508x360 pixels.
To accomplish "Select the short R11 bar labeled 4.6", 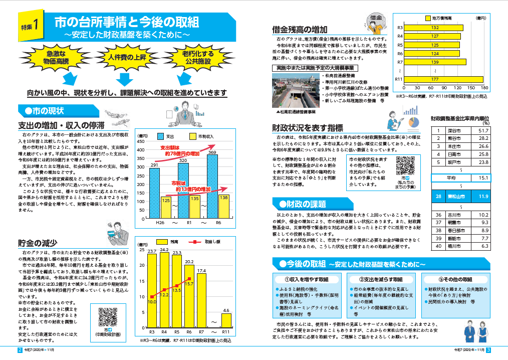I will point(226,320).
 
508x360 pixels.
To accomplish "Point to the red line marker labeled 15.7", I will point(189,278).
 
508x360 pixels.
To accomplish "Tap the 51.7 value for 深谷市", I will point(483,130).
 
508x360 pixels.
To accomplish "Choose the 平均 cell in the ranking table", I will point(450,177).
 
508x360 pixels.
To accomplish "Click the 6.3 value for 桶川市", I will point(483,246).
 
